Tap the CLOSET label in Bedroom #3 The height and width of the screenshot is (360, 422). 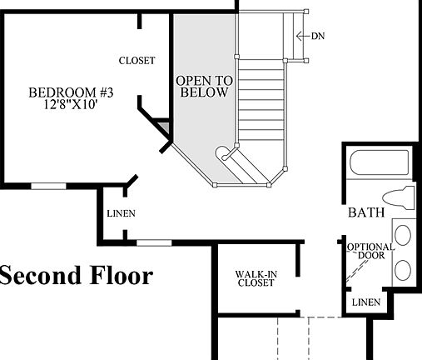137,60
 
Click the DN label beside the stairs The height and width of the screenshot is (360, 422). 317,36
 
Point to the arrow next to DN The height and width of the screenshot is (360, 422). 302,36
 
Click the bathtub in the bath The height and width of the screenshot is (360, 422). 380,162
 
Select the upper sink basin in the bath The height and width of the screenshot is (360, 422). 403,235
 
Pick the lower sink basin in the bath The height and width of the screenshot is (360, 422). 403,268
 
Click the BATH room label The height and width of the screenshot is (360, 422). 366,213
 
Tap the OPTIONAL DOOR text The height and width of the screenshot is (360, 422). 365,252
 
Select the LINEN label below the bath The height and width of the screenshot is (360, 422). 365,302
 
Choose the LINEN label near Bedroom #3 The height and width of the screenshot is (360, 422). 121,214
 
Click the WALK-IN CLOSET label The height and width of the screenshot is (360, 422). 256,278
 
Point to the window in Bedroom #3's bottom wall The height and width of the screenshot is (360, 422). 48,184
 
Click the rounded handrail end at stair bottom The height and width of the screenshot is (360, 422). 224,155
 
